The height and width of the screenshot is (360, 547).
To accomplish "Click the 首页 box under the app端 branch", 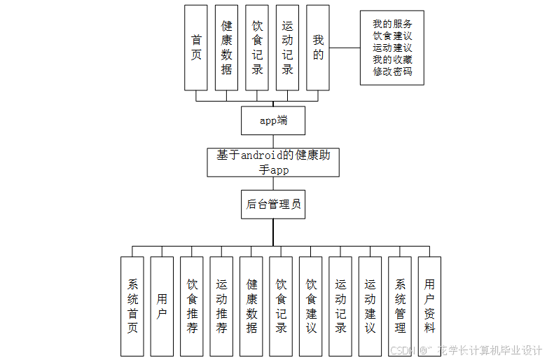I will click(196, 48).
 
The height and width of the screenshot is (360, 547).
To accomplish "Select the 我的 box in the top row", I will click(318, 48).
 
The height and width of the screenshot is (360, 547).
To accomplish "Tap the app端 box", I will click(273, 120).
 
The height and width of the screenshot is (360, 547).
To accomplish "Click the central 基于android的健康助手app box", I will click(273, 162).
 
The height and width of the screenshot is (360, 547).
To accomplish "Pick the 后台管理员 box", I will click(273, 205).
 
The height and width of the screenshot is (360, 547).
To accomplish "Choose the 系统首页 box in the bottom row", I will click(132, 305).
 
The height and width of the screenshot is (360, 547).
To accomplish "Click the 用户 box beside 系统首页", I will click(162, 305).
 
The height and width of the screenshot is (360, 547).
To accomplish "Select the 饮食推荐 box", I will click(192, 305).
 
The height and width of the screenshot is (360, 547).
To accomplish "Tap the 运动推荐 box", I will click(221, 305).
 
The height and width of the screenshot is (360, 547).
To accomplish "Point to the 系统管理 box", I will click(400, 305).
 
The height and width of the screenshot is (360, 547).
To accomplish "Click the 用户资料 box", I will click(429, 305).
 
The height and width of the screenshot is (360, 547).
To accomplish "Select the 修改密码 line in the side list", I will click(392, 71).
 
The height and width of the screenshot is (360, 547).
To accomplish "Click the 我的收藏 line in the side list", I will click(392, 60).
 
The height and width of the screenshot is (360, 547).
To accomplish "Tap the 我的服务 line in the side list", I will click(392, 24).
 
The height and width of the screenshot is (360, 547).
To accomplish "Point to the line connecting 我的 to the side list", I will click(345, 48).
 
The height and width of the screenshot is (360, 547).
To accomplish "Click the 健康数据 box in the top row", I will click(226, 48).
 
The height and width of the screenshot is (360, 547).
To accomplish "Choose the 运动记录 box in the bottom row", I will click(340, 305).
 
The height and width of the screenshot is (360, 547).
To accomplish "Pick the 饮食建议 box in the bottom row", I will click(311, 305).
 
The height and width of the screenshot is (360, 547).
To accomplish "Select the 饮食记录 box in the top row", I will click(257, 48).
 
